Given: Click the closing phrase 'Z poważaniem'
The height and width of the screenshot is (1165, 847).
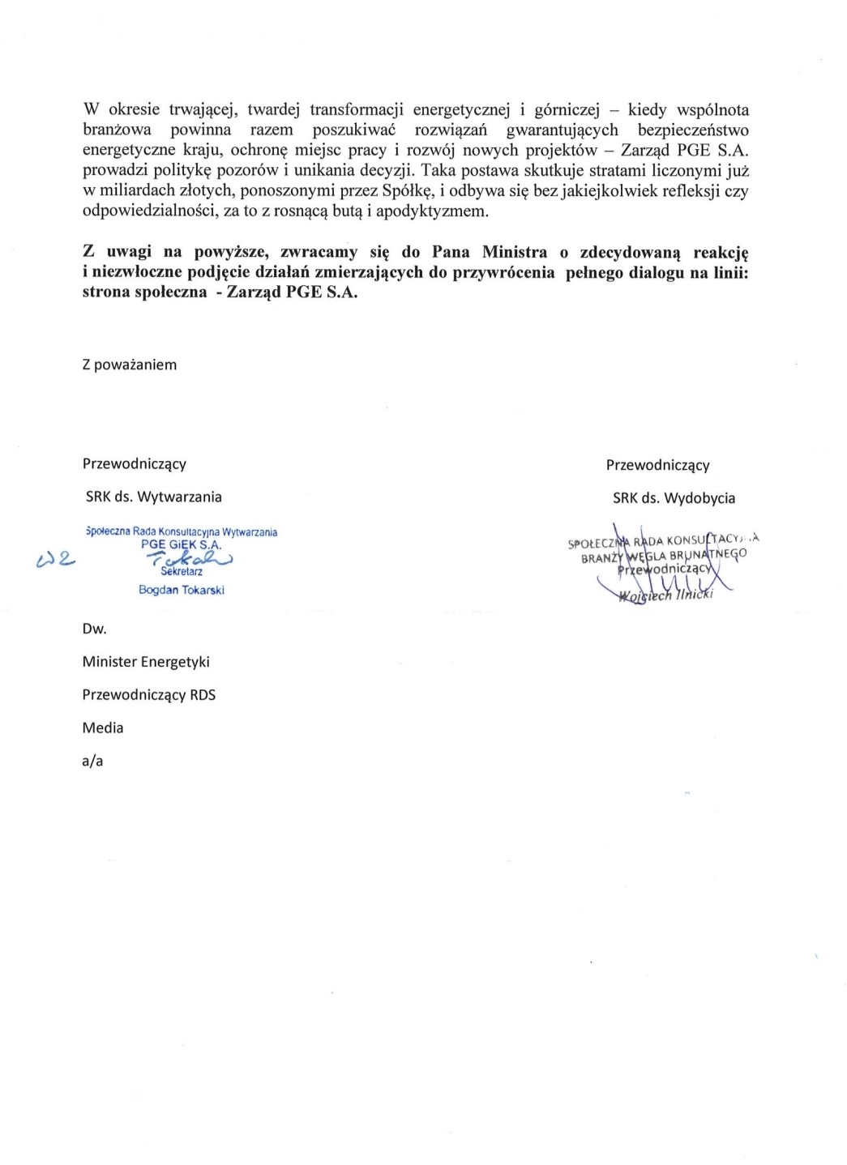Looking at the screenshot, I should [x=130, y=365].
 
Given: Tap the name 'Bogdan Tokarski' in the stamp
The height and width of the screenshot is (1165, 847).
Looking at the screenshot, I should [x=182, y=590].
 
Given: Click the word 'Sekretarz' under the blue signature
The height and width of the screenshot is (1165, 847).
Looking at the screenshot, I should [x=182, y=572].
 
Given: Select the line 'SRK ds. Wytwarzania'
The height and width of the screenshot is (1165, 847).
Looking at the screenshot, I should [x=154, y=497].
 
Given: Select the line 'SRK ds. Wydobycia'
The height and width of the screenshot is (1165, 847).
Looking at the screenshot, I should [x=674, y=498].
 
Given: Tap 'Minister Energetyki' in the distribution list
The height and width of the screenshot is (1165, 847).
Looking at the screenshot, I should [x=146, y=662].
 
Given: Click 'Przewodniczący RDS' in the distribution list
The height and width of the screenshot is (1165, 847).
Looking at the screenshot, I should [x=149, y=695].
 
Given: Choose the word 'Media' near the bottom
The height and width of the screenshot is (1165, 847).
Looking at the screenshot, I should [x=103, y=728].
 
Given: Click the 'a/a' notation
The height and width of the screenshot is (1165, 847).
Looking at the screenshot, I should [x=92, y=761].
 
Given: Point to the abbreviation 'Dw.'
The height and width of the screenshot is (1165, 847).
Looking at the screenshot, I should [x=94, y=629].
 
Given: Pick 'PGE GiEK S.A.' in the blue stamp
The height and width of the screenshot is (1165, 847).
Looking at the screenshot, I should [x=182, y=544].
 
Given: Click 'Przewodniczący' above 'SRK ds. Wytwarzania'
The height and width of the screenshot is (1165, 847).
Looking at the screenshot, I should [x=135, y=463].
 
